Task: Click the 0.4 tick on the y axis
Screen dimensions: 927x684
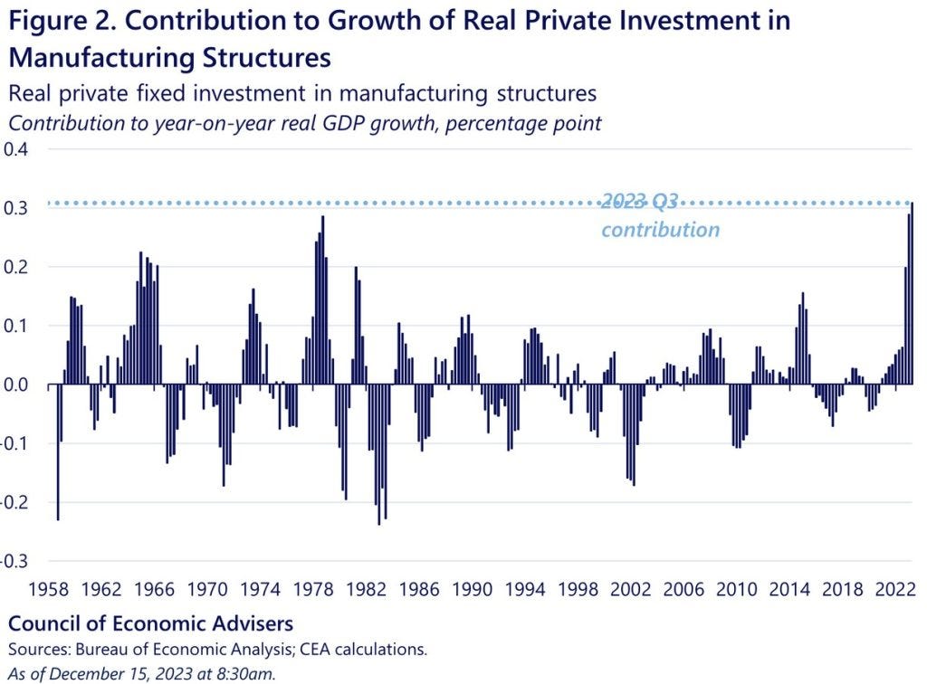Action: (16, 149)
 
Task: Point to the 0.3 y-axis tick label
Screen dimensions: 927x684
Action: (16, 208)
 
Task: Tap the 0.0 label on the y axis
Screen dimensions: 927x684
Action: (16, 385)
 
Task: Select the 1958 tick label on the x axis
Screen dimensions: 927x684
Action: (49, 589)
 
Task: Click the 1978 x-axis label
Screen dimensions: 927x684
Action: (313, 589)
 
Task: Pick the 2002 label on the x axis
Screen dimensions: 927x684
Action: (631, 589)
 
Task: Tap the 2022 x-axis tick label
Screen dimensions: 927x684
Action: (895, 589)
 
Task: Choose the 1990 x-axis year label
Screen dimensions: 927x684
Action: (472, 589)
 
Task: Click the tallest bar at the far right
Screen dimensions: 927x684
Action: (913, 293)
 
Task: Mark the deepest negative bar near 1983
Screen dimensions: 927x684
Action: (379, 454)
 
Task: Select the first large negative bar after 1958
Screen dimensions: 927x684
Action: (58, 451)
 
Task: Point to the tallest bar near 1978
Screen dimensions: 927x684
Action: (323, 300)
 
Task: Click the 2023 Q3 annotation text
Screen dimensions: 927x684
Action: (640, 202)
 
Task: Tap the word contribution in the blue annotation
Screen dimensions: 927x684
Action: (660, 230)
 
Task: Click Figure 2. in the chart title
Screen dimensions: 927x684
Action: (62, 21)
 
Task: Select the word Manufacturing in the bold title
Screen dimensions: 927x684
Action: (101, 58)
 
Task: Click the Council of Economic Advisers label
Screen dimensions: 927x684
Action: (151, 623)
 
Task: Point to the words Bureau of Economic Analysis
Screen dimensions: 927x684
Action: (184, 650)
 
